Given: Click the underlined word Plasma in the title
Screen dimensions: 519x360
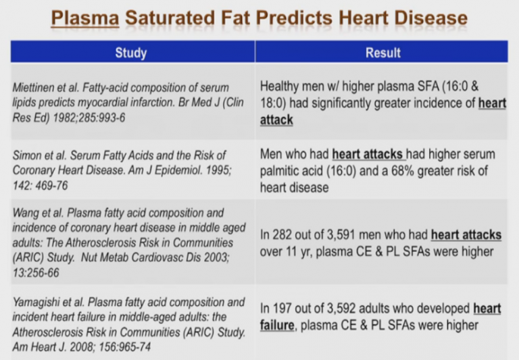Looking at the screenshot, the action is click(85, 18).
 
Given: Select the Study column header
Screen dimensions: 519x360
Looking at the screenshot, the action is click(131, 53).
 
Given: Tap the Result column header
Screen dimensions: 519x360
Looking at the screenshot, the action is click(383, 53).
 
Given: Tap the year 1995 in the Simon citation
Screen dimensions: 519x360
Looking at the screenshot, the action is click(218, 170).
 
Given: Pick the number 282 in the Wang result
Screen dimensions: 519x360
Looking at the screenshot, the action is click(282, 234).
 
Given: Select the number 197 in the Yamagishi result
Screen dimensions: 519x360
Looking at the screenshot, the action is click(282, 309).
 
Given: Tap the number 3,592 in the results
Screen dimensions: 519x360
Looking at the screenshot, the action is click(341, 309).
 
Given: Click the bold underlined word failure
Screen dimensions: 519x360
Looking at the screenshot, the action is click(277, 326).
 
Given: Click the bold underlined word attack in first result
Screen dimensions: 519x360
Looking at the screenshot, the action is click(276, 120).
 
